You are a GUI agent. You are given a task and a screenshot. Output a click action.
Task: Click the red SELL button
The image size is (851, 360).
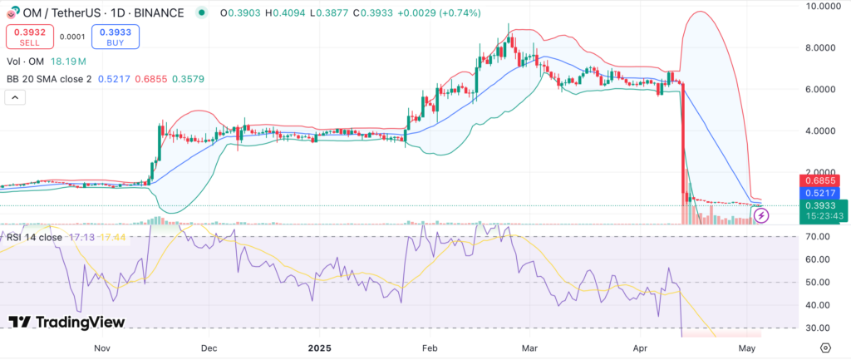27,36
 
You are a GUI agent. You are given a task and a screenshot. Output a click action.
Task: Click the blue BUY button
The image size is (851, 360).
116,36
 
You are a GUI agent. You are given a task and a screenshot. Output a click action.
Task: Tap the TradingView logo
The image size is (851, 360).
66,322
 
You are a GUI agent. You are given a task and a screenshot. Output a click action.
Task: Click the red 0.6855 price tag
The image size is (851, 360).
820,180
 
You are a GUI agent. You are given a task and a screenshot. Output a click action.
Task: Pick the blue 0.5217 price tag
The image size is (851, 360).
820,192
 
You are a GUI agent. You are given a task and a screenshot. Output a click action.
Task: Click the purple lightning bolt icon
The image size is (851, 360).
762,216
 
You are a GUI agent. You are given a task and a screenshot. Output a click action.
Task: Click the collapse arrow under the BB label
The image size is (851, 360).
14,97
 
